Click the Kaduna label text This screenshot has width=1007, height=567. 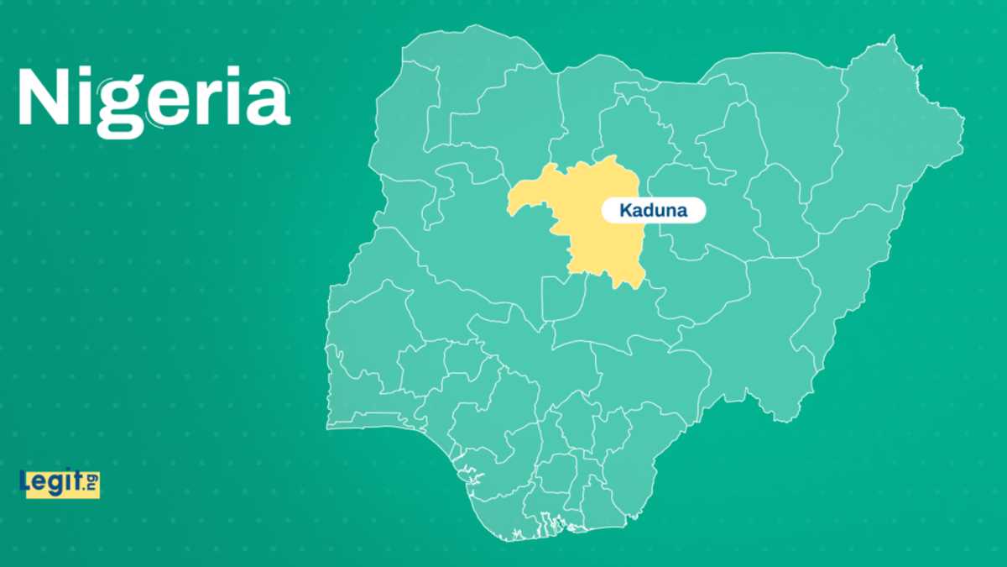click(x=654, y=212)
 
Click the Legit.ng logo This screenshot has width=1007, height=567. click(x=59, y=483)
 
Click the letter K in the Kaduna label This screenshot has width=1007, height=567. click(x=625, y=212)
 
